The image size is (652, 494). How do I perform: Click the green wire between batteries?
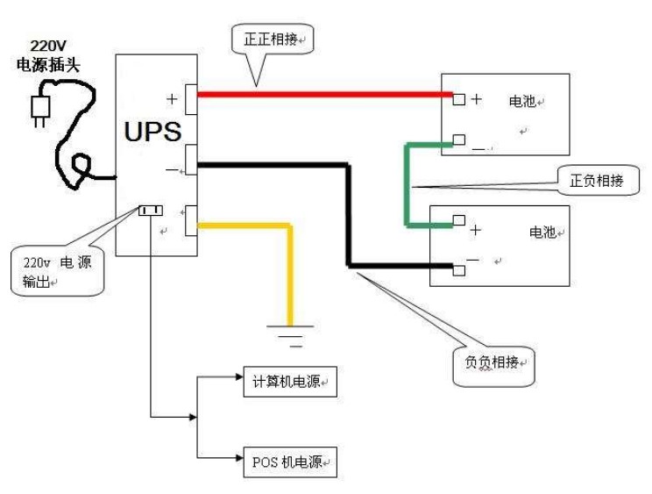tap(407, 184)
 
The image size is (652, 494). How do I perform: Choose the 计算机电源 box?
tap(288, 381)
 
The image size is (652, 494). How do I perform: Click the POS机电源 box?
tap(288, 460)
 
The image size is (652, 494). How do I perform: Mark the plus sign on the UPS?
tap(172, 99)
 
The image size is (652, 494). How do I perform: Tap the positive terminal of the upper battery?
tap(458, 99)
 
